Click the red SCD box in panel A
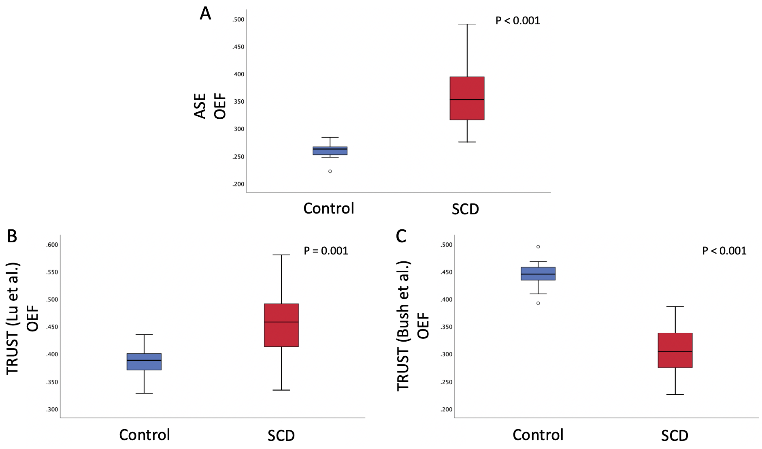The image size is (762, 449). pos(467,98)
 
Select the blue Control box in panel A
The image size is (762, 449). pos(330,151)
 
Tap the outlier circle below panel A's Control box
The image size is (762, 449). pos(330,171)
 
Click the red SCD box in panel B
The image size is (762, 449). pos(281,325)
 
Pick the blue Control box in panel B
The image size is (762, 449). pos(144,361)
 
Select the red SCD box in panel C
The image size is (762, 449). pos(675,350)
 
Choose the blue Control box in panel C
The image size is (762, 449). pos(538,274)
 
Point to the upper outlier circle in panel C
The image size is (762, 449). pos(538,247)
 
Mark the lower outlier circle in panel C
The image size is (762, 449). pos(538,303)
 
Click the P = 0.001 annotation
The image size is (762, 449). pos(326,251)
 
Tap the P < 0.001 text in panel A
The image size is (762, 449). pos(517,21)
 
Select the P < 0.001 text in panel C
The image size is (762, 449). pos(724,251)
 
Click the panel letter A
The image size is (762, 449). pos(205,14)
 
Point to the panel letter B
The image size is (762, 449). pos(12,236)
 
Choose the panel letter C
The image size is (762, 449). pos(401,236)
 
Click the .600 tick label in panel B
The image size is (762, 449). pos(52,245)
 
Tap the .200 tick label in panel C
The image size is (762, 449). pos(446,409)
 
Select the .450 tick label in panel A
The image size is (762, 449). pos(238,47)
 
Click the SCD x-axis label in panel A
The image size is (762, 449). pos(465,209)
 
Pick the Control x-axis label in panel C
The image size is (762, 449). pos(538,435)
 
